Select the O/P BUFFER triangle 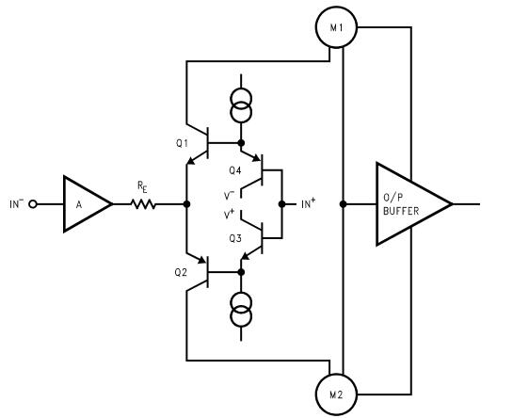coord(408,203)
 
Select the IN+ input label coord(307,203)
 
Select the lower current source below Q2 coord(241,310)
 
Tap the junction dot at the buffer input coord(343,203)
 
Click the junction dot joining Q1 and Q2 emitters coord(187,203)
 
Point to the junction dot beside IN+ coord(281,203)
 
